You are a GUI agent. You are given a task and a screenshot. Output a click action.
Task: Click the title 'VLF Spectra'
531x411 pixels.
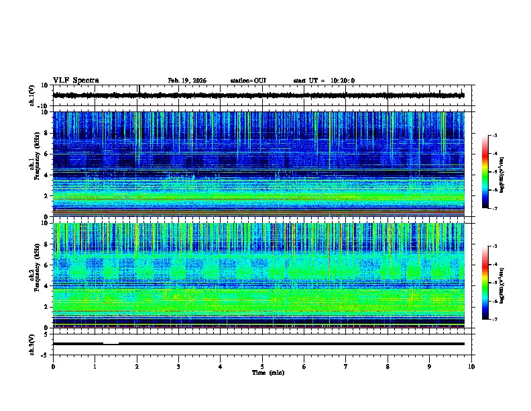(x=76, y=81)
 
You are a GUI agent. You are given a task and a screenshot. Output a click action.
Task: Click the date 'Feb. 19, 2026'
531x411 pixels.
(x=187, y=81)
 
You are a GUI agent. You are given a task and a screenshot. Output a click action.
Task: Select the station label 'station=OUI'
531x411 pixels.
(x=248, y=81)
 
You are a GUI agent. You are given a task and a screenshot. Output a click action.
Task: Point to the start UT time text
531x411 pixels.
(x=324, y=81)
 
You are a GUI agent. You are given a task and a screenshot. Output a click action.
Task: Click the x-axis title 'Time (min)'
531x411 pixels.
(x=262, y=372)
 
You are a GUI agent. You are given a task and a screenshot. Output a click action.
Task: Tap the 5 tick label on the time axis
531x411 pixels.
(x=262, y=366)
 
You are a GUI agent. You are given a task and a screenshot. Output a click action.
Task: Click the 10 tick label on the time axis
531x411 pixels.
(x=471, y=366)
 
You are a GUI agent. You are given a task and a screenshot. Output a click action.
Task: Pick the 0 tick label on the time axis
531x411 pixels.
(x=53, y=366)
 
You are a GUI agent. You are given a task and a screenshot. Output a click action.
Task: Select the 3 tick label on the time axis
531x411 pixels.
(x=178, y=366)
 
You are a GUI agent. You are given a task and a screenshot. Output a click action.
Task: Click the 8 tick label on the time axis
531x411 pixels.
(x=388, y=366)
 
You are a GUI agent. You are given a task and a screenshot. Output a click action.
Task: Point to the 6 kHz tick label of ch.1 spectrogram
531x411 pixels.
(x=47, y=154)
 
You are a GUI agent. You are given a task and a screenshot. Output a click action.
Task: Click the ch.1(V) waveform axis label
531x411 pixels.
(x=32, y=95)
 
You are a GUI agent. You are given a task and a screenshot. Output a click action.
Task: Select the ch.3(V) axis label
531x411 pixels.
(x=32, y=343)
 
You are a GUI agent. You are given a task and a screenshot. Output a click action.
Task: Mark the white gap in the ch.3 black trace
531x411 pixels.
(x=111, y=343)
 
